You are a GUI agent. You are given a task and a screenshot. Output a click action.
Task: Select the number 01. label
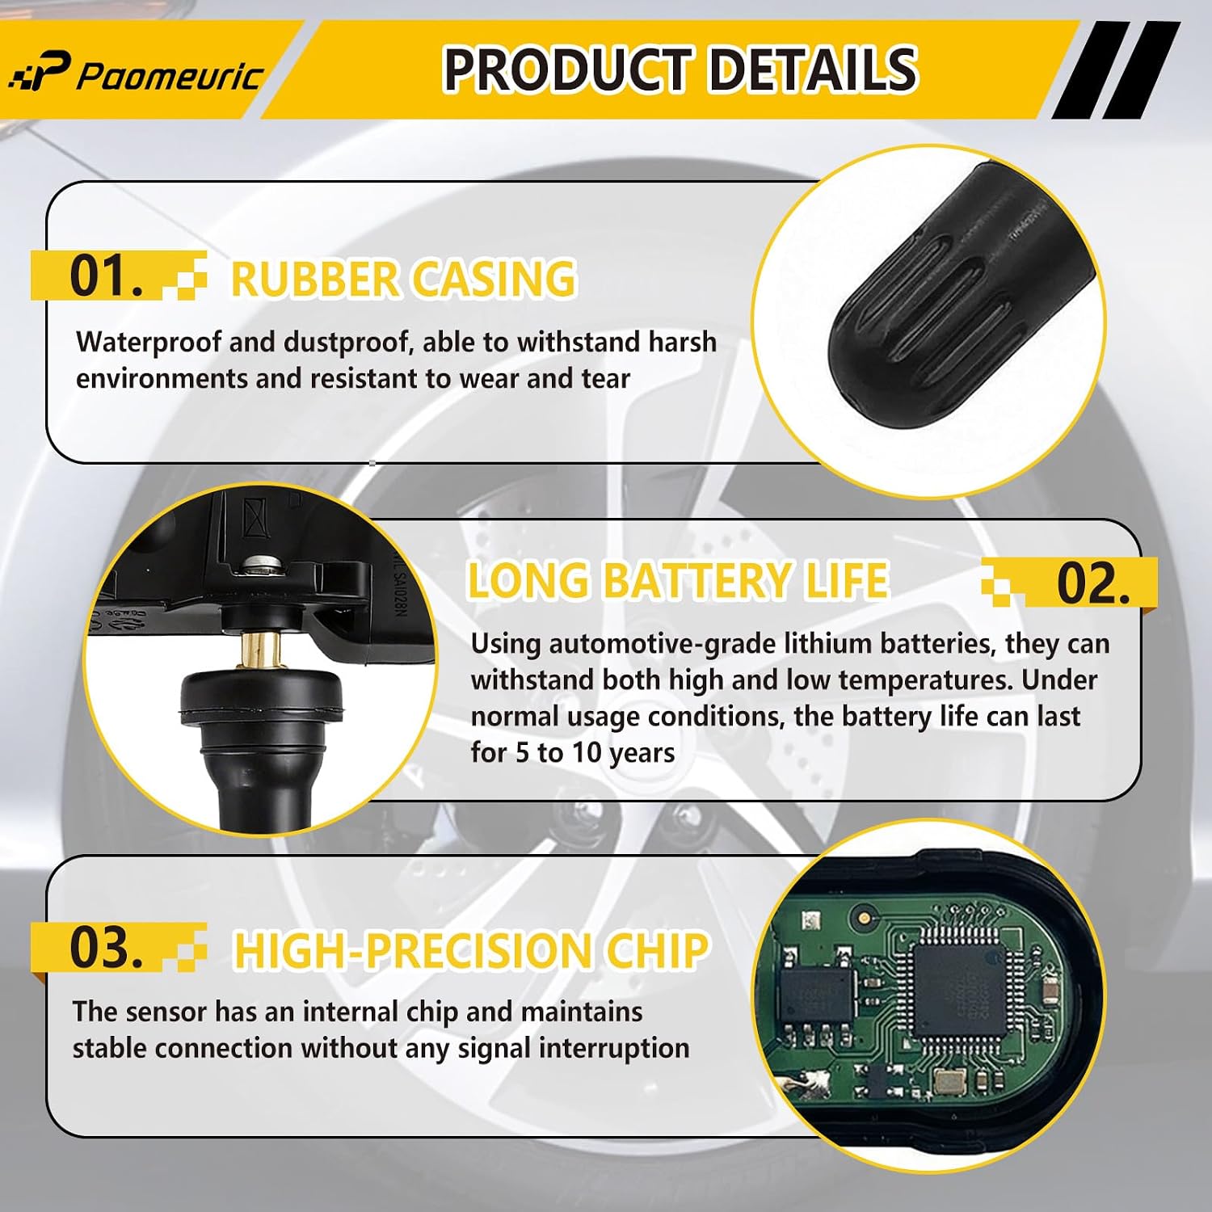tap(106, 276)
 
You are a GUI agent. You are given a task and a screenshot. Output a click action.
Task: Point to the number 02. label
tap(1093, 583)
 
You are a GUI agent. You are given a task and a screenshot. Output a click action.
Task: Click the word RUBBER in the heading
tap(314, 280)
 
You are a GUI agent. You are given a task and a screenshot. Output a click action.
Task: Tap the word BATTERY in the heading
tap(697, 580)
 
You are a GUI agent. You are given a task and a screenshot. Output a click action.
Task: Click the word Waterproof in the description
tap(149, 343)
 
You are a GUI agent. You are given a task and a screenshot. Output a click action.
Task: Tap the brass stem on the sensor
tap(261, 649)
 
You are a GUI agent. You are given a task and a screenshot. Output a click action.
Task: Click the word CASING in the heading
tap(494, 280)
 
